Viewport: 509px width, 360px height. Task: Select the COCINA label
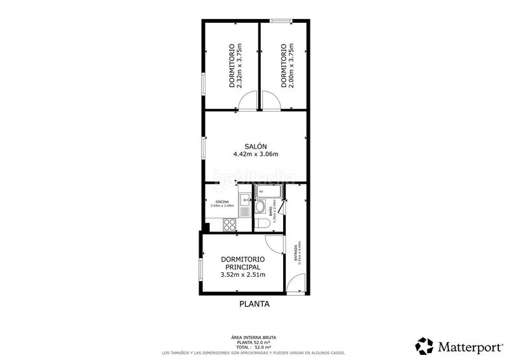pyautogui.click(x=222, y=202)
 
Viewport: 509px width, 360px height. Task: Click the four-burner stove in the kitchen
pyautogui.click(x=228, y=224)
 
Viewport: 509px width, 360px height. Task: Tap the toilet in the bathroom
pyautogui.click(x=262, y=223)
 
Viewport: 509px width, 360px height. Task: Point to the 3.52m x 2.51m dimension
pyautogui.click(x=242, y=275)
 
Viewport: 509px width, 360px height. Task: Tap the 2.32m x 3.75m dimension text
pyautogui.click(x=240, y=66)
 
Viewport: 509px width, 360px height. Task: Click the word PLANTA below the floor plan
pyautogui.click(x=254, y=304)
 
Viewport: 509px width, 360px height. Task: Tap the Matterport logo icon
pyautogui.click(x=424, y=346)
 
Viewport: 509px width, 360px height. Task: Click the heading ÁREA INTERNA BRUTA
pyautogui.click(x=254, y=337)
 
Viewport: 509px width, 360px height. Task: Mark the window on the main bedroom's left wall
pyautogui.click(x=201, y=268)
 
